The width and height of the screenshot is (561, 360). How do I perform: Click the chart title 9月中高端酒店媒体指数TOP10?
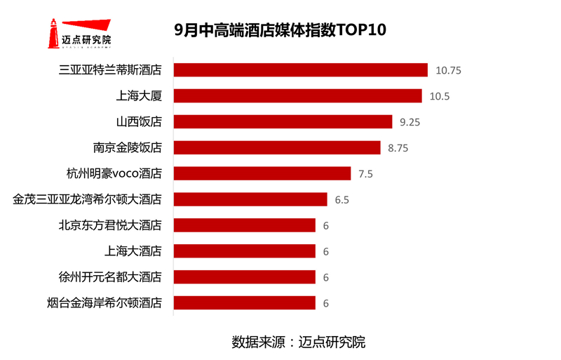pyautogui.click(x=280, y=31)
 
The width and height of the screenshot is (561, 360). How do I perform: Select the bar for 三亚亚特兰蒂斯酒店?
pyautogui.click(x=300, y=70)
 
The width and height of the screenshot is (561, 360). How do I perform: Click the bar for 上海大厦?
pyautogui.click(x=297, y=96)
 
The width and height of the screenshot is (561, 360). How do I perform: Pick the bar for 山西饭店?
pyautogui.click(x=283, y=122)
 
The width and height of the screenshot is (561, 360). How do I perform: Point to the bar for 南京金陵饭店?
pyautogui.click(x=276, y=148)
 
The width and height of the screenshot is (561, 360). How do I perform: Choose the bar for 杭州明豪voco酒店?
pyautogui.click(x=262, y=173)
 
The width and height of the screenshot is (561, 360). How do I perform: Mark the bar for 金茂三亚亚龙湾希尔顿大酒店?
pyautogui.click(x=250, y=199)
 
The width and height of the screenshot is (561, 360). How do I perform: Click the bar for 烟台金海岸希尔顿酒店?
pyautogui.click(x=244, y=303)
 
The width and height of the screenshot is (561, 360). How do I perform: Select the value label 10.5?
pyautogui.click(x=439, y=96)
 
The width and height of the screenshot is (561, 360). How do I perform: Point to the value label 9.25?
pyautogui.click(x=410, y=122)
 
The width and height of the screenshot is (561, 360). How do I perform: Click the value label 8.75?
pyautogui.click(x=398, y=148)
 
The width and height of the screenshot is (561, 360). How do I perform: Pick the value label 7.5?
pyautogui.click(x=365, y=174)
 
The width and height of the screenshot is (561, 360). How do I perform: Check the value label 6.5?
pyautogui.click(x=342, y=200)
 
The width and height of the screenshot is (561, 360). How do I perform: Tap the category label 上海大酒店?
pyautogui.click(x=133, y=251)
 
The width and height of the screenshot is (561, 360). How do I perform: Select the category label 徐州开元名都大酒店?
pyautogui.click(x=110, y=277)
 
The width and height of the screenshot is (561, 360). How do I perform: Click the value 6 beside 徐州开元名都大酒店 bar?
pyautogui.click(x=326, y=277)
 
